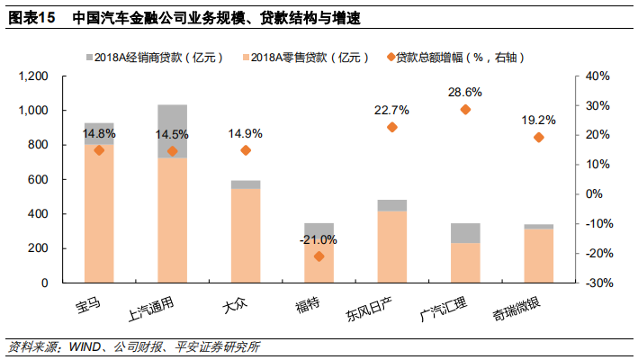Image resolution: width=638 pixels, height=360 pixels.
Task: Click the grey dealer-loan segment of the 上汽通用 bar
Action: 172,130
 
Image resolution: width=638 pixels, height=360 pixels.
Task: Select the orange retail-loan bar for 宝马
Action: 99,216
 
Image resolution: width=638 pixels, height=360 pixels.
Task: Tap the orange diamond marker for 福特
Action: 319,256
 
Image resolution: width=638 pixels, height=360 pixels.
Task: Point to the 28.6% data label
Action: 465,92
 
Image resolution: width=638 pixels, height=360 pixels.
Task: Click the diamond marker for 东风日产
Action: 391,127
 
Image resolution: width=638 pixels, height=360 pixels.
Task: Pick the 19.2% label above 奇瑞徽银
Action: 538,120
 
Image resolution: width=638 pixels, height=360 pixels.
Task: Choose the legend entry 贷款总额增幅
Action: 459,56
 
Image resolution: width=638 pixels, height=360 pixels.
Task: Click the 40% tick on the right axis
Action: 598,76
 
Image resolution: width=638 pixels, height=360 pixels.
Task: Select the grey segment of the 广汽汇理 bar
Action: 465,232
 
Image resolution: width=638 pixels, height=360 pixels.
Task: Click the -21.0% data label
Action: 319,239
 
